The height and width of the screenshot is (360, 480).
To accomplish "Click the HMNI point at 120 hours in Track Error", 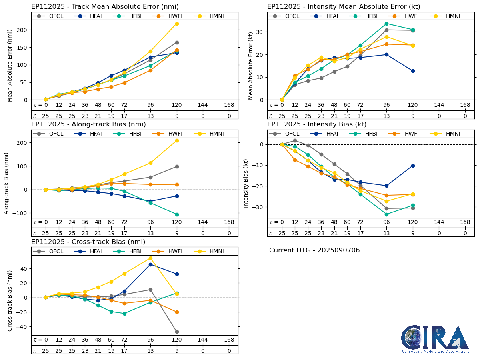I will tap(177, 24).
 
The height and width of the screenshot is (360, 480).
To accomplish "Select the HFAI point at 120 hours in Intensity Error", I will tap(413, 71).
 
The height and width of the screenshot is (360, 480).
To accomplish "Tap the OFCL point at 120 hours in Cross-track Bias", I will tap(177, 332).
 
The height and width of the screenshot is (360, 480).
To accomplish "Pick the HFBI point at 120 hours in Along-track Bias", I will tap(177, 214).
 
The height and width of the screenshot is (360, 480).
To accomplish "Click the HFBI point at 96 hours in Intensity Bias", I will tap(386, 214).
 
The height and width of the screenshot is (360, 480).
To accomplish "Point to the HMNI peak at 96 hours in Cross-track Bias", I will tap(150, 258).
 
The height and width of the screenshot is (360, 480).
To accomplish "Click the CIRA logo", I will tap(436, 339).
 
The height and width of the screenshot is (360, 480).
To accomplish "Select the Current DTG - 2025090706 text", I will tap(314, 250).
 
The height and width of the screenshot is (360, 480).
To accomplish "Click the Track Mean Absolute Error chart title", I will tap(105, 7).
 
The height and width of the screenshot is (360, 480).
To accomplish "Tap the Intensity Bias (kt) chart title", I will tap(317, 124).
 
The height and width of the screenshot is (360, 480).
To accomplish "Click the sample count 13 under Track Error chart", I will tap(150, 116).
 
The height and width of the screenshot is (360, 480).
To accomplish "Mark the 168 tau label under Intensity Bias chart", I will tap(465, 222).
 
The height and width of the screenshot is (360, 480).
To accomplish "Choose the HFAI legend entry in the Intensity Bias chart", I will tap(327, 134).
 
